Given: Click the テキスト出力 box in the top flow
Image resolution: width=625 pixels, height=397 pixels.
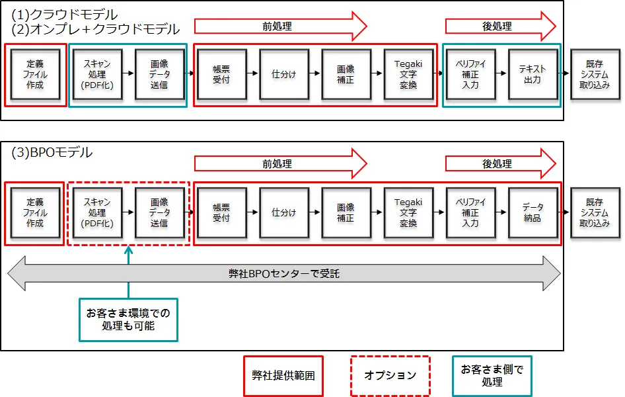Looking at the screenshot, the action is (x=533, y=74).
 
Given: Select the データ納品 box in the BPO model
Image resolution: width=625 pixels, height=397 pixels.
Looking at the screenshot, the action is (x=533, y=212).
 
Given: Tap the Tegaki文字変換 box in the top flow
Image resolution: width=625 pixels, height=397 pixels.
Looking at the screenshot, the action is (x=408, y=74).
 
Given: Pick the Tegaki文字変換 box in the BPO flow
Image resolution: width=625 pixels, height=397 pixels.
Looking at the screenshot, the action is (x=408, y=212).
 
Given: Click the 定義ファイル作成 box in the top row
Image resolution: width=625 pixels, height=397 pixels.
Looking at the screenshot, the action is (x=35, y=74).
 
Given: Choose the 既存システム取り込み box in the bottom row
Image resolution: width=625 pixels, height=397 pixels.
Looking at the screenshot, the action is (x=595, y=212).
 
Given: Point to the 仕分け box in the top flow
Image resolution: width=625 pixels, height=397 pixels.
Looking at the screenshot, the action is (x=284, y=74).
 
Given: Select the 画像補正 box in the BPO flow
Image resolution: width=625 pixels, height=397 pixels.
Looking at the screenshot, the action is (x=346, y=212).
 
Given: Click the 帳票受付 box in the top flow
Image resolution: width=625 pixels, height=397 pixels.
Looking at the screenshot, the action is (x=221, y=74).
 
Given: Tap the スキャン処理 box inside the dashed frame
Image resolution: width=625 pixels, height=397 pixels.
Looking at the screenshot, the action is (x=97, y=212).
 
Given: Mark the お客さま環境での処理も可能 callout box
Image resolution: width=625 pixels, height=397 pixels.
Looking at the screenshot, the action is (x=128, y=320).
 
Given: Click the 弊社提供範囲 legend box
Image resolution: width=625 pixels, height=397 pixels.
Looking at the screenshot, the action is (x=283, y=375).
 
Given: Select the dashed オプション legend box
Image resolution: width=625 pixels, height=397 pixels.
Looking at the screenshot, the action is (x=390, y=375).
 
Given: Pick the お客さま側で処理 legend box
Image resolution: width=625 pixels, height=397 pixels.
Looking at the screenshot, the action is (x=492, y=375).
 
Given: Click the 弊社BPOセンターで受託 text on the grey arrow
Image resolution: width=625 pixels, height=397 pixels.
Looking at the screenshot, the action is (x=284, y=274).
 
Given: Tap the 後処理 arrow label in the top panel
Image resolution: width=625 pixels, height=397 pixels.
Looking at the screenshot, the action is (x=497, y=26).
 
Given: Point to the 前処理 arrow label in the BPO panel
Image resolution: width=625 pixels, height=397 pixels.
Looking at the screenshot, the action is (x=277, y=164).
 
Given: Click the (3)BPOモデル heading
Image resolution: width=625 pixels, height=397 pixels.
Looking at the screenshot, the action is (x=52, y=152).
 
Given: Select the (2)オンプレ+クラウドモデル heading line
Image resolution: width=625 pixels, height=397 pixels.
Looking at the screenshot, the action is (x=96, y=29).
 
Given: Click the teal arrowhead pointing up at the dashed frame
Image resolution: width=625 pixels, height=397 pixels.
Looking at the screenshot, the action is (x=128, y=250).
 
